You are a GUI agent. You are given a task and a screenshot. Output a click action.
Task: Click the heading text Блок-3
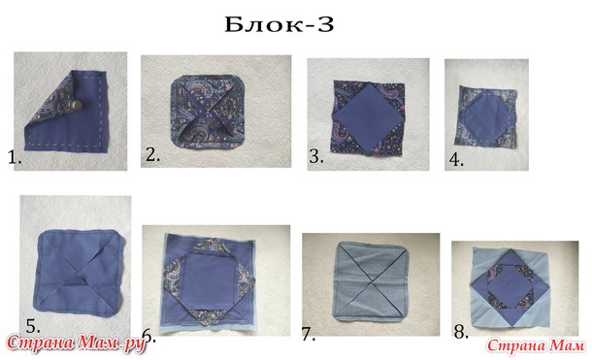(x=280, y=25)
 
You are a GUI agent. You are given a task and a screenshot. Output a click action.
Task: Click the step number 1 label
(x=15, y=157)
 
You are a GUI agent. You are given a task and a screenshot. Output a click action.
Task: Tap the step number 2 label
(x=152, y=155)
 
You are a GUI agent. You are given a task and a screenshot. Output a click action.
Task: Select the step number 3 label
(x=316, y=156)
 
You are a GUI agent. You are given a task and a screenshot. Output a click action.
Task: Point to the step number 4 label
(x=456, y=160)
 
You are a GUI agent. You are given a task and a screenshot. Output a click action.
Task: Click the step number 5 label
(x=33, y=326)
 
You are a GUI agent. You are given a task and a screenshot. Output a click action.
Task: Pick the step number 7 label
(x=309, y=334)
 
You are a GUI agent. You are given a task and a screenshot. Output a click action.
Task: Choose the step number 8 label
(x=461, y=332)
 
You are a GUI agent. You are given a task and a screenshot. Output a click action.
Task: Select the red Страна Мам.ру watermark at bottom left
(x=76, y=344)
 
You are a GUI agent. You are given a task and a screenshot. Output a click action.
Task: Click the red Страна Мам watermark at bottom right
(x=536, y=345)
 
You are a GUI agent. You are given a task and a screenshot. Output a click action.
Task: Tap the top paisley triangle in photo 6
(x=208, y=245)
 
